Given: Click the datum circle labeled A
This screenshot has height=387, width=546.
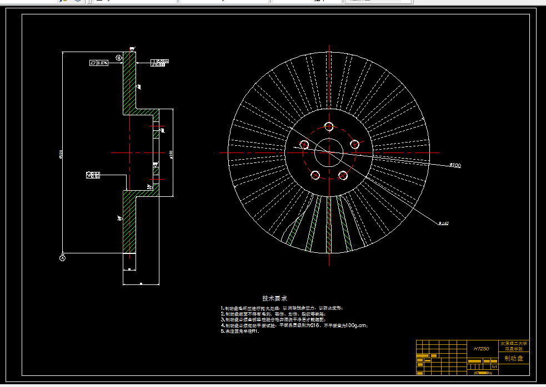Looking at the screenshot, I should [62, 258].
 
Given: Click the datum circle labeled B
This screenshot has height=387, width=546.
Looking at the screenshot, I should [118, 58].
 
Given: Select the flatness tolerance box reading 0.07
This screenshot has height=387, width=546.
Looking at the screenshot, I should [99, 63].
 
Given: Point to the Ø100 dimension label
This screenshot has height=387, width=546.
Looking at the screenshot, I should [455, 165].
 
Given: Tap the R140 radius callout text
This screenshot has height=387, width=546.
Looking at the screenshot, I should [443, 223].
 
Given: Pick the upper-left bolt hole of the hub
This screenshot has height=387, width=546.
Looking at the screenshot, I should [304, 145].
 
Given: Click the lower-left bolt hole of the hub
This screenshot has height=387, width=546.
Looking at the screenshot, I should [315, 175].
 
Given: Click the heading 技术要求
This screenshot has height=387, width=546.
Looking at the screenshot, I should [274, 298].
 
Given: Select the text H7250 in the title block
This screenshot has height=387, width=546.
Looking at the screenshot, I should [481, 349].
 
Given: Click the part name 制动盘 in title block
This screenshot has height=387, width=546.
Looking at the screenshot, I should [514, 359].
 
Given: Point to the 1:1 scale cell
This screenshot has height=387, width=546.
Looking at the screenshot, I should [494, 366].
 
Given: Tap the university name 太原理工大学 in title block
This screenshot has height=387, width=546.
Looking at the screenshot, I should [514, 343].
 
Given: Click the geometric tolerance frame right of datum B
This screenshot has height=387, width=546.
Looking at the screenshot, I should [159, 63].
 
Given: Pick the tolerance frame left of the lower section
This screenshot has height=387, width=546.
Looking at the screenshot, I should [93, 175].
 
